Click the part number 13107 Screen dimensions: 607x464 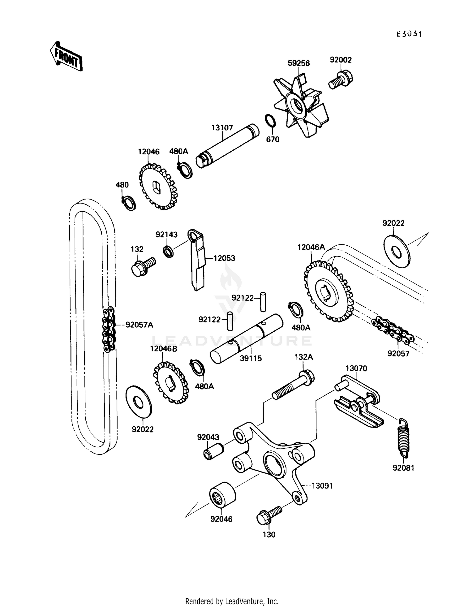222,128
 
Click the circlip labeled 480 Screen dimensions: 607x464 128,203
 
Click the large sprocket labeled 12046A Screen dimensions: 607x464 328,291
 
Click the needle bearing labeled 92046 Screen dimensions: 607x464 222,495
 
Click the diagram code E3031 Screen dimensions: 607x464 409,34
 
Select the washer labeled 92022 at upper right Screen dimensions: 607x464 396,251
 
